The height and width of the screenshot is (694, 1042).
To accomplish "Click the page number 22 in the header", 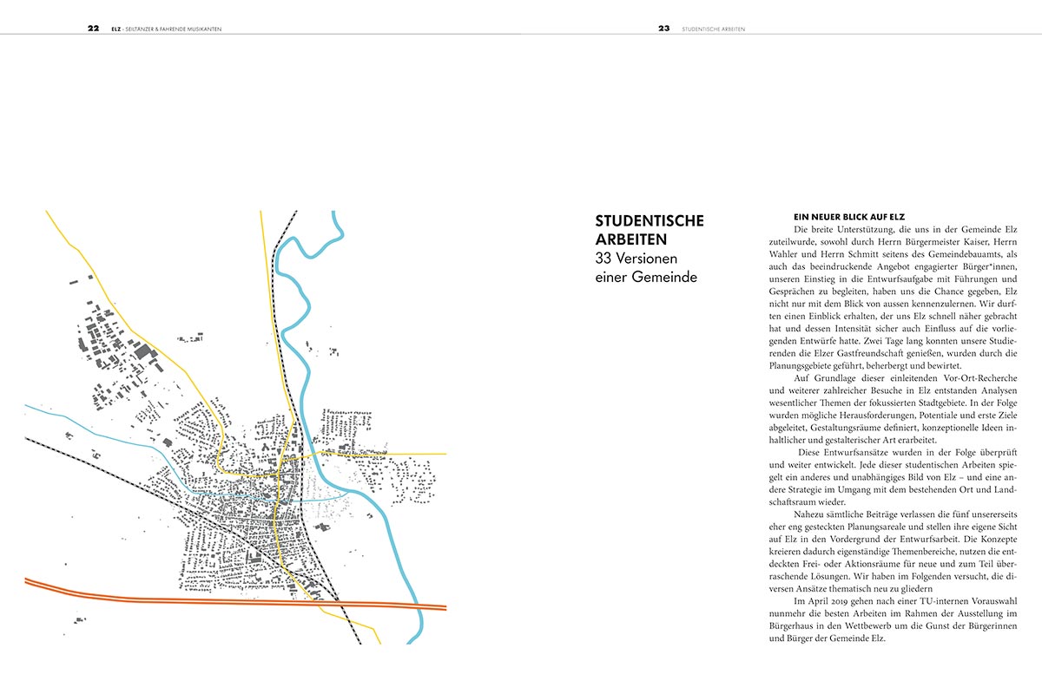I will coord(93,28).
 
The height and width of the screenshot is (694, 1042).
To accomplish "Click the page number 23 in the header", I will coord(664,28).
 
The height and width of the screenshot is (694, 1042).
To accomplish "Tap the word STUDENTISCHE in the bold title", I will coord(649,222).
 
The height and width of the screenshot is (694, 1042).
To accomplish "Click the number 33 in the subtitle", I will coord(604,259).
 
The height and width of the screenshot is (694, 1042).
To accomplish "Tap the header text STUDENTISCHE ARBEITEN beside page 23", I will coord(715,29).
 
